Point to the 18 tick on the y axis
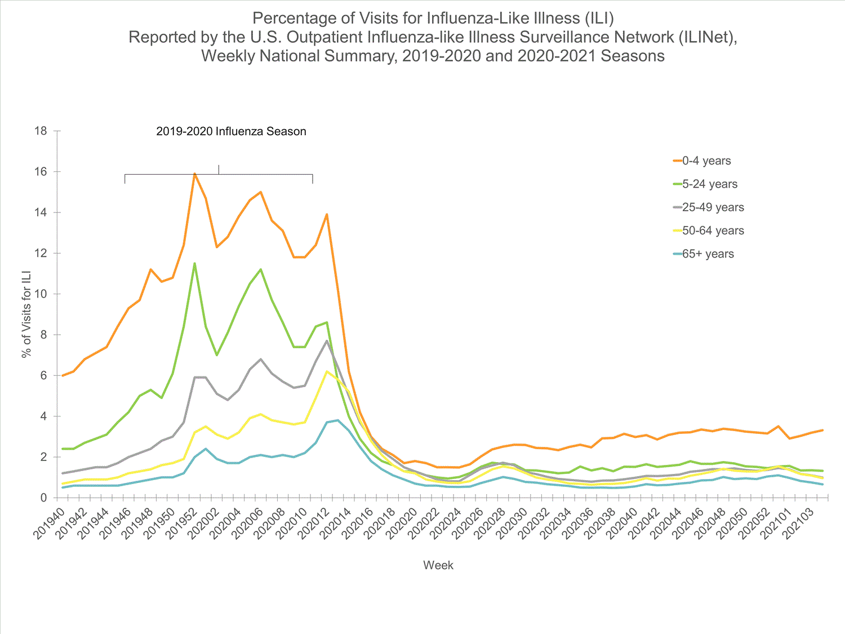pyautogui.click(x=41, y=131)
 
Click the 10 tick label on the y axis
pyautogui.click(x=41, y=294)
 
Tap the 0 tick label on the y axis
pyautogui.click(x=43, y=498)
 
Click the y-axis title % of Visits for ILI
pyautogui.click(x=26, y=314)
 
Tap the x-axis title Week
pyautogui.click(x=438, y=565)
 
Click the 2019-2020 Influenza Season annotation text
pyautogui.click(x=231, y=132)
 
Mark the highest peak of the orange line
pyautogui.click(x=194, y=174)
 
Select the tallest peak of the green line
pyautogui.click(x=194, y=263)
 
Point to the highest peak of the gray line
pyautogui.click(x=327, y=341)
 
